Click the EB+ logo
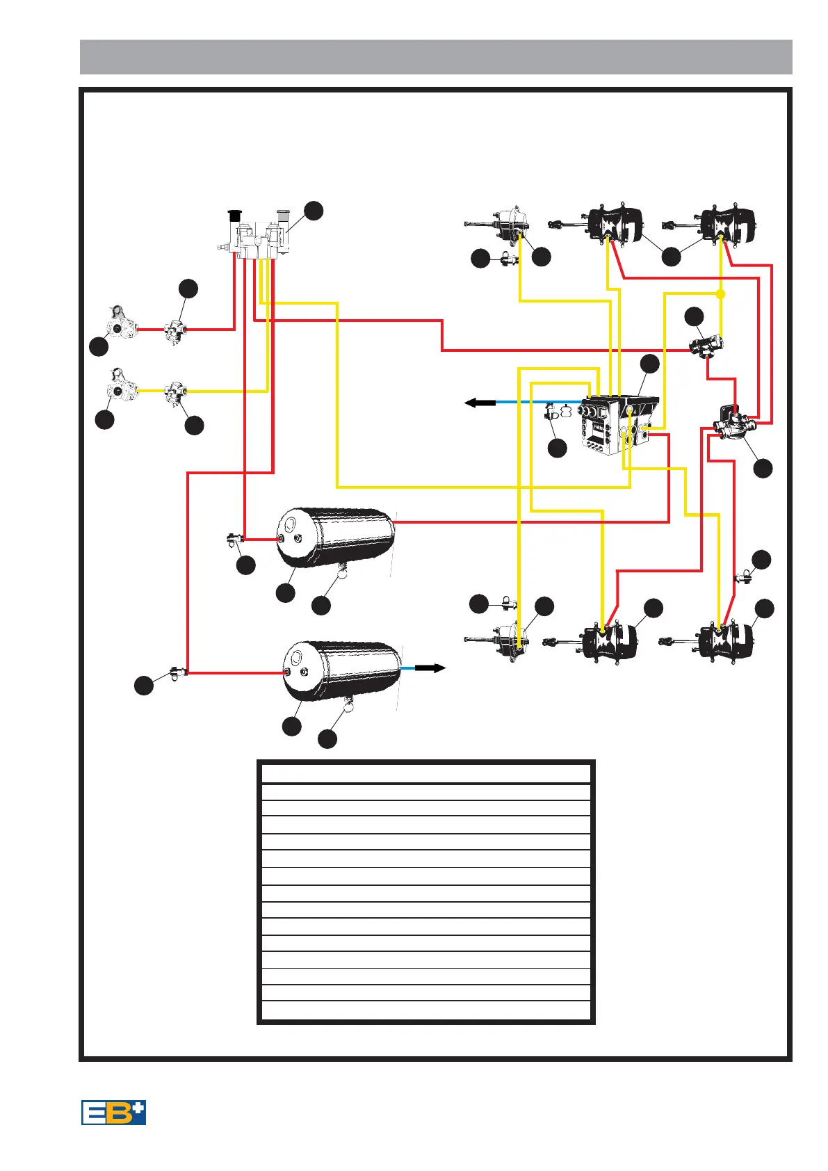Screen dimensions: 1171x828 [x=113, y=1112]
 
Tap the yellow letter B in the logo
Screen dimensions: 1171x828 [x=118, y=1112]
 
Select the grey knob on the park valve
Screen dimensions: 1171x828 [x=283, y=214]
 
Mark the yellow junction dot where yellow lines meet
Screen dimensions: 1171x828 [x=721, y=294]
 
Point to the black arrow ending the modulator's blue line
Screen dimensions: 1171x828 [x=480, y=402]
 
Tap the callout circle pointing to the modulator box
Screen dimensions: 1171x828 [x=649, y=364]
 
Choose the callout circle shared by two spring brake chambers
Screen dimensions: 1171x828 [x=671, y=257]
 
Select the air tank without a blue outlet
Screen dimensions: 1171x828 [x=336, y=538]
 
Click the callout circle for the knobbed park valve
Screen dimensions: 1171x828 [x=314, y=211]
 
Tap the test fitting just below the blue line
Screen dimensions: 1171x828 [x=553, y=413]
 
